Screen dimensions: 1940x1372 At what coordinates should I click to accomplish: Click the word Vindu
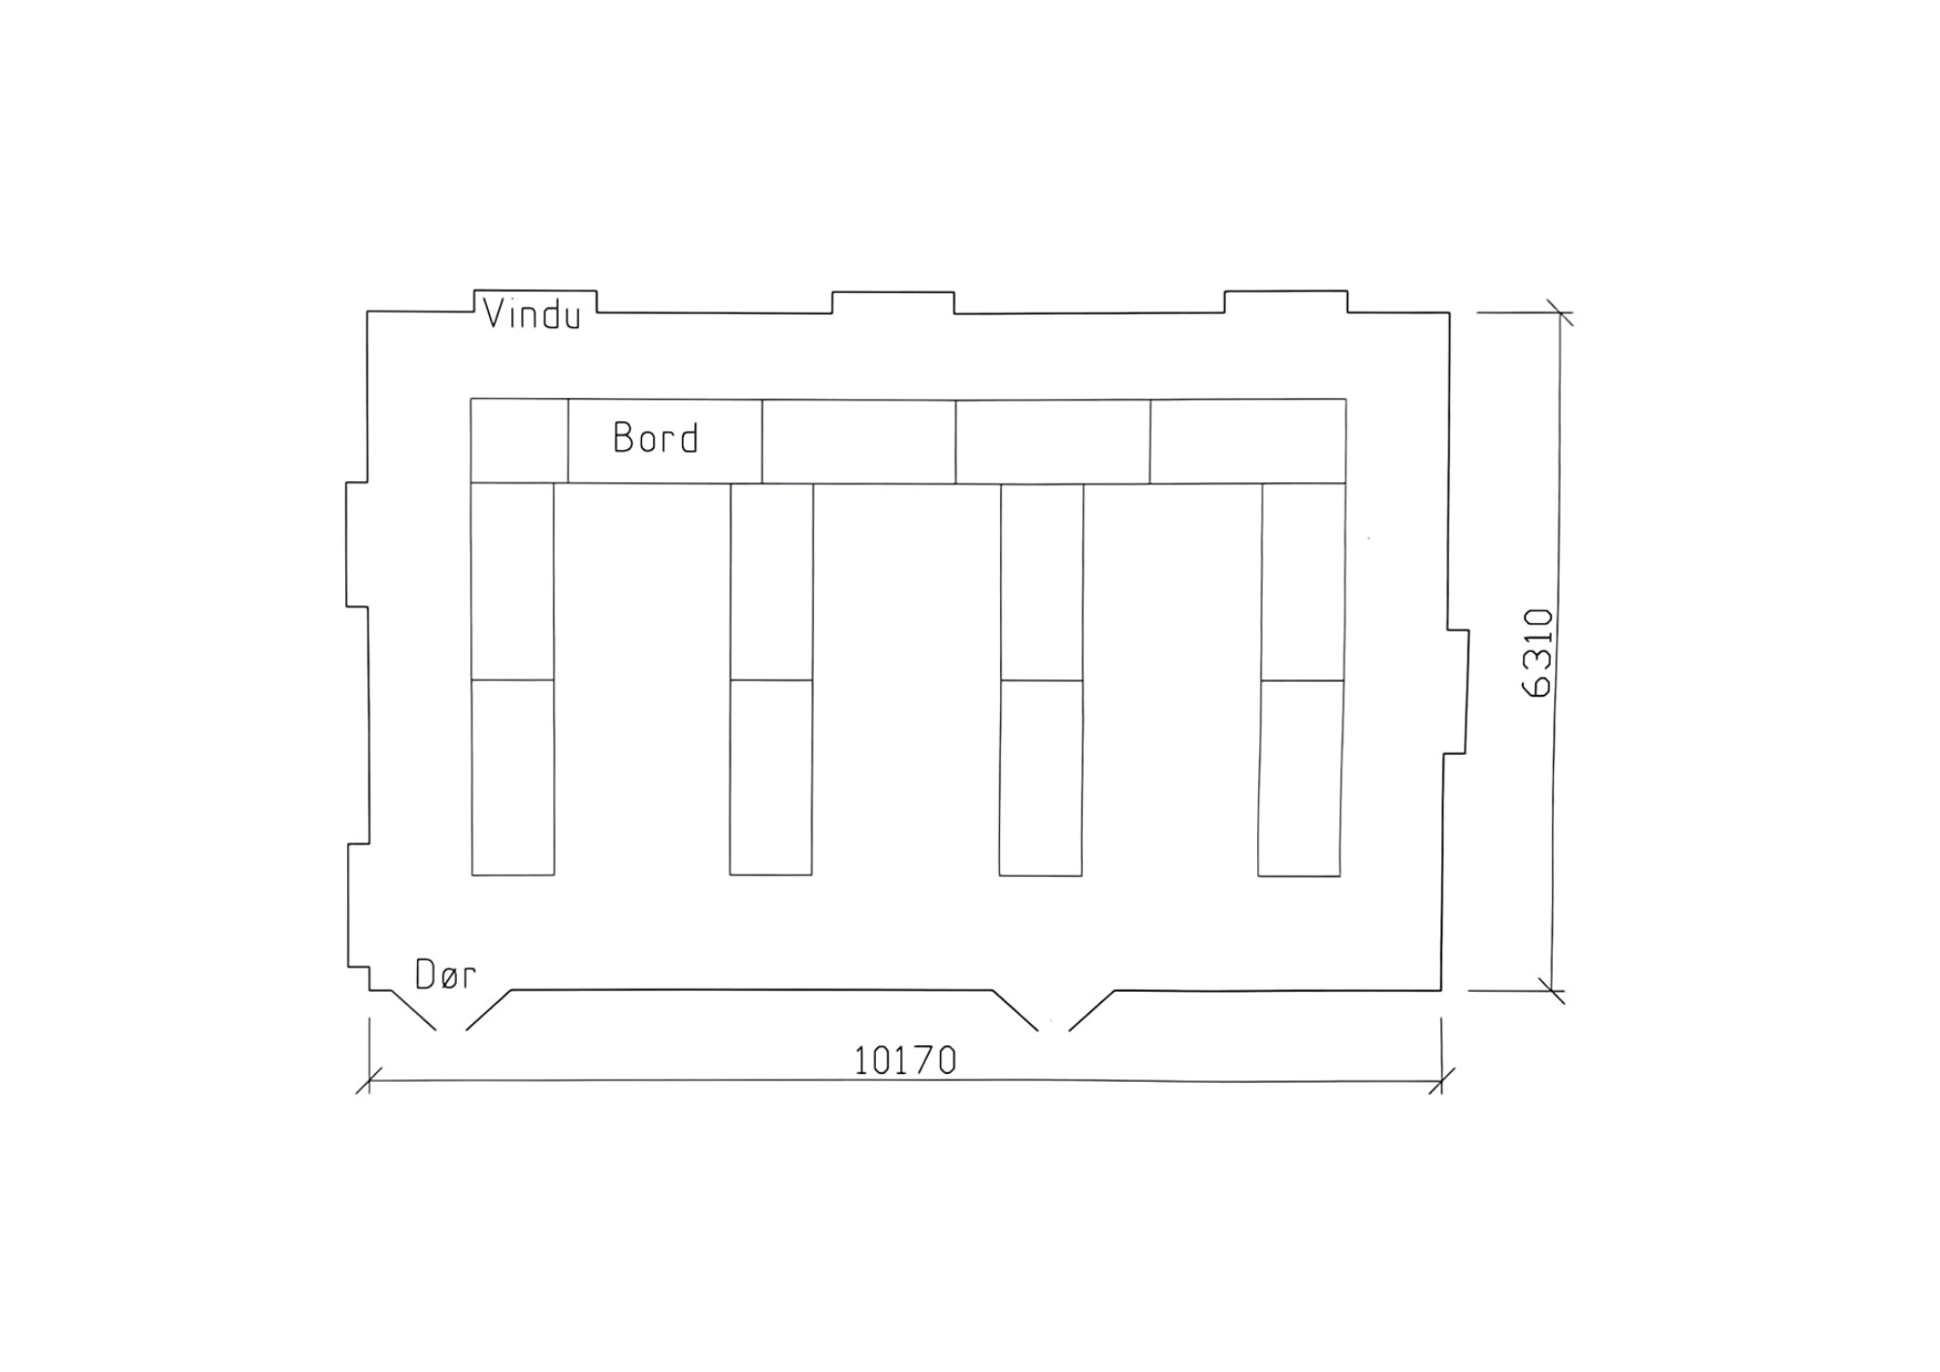532,314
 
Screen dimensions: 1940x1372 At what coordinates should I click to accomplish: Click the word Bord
656,439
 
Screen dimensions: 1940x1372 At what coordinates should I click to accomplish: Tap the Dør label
445,974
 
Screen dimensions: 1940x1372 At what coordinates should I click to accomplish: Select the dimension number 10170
905,1061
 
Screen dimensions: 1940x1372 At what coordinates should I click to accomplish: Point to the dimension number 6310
1537,653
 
